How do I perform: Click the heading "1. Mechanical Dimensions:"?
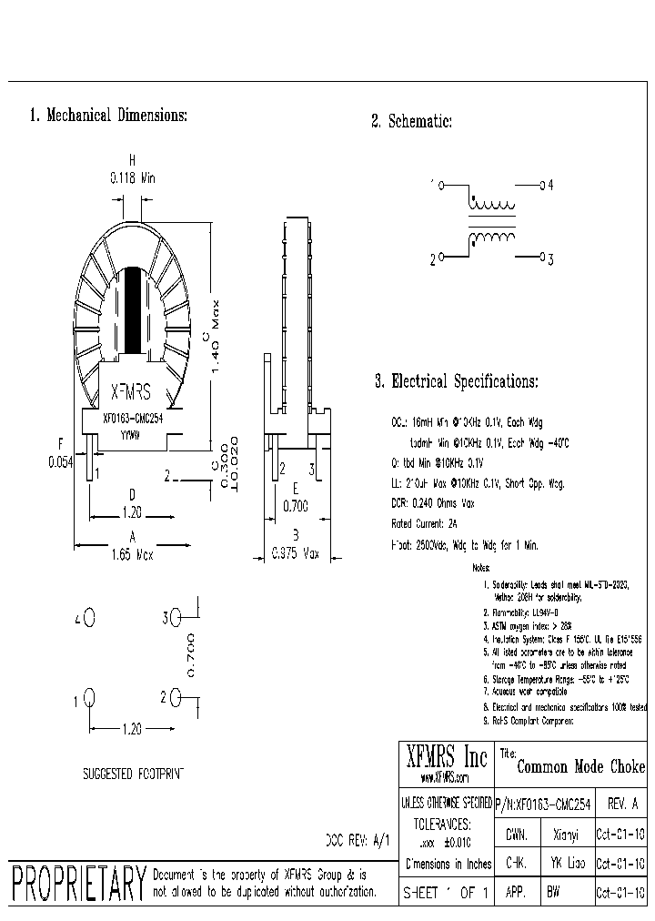pyautogui.click(x=108, y=116)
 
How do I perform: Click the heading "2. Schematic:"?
pyautogui.click(x=411, y=122)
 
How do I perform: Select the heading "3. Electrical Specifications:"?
pyautogui.click(x=456, y=382)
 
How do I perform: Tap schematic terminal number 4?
pyautogui.click(x=549, y=186)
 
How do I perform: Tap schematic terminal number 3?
pyautogui.click(x=549, y=259)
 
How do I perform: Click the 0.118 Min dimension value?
pyautogui.click(x=133, y=179)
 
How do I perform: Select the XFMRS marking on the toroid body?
pyautogui.click(x=131, y=393)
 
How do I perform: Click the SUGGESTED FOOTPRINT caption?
pyautogui.click(x=133, y=774)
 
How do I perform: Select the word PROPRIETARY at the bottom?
pyautogui.click(x=78, y=882)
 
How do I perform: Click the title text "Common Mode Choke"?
pyautogui.click(x=580, y=767)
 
